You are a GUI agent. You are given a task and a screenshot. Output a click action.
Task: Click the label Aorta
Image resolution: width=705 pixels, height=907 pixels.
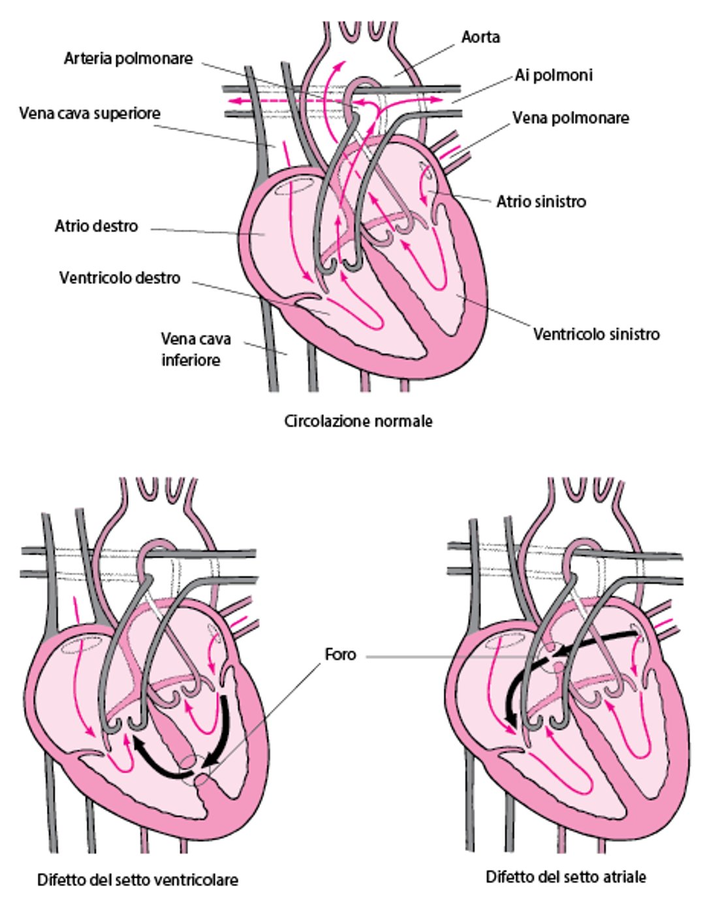[480, 37]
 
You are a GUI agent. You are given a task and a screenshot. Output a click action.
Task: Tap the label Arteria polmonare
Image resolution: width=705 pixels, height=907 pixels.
[128, 59]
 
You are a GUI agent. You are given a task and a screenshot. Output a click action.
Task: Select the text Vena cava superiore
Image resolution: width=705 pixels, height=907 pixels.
[89, 114]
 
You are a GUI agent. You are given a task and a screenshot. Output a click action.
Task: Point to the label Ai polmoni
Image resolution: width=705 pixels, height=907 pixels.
[554, 76]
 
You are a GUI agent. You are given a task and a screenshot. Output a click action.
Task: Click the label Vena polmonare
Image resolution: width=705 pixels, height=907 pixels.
[571, 118]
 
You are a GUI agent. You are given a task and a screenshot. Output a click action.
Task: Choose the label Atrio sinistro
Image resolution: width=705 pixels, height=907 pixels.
[540, 202]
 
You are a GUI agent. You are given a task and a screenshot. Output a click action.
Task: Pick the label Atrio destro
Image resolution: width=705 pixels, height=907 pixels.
[96, 226]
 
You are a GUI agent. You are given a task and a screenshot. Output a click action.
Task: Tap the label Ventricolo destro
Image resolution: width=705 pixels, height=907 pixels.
[119, 278]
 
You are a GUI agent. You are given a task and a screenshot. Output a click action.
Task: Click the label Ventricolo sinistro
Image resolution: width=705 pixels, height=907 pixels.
[596, 334]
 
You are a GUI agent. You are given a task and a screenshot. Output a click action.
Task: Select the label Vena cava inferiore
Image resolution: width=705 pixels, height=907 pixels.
[195, 349]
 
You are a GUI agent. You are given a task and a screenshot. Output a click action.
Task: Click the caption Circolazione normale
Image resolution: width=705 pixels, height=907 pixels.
[358, 422]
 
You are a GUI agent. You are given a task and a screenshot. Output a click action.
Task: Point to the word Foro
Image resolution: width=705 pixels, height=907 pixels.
[340, 654]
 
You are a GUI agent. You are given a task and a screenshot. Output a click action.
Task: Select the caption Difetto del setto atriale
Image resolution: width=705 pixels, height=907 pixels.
[565, 877]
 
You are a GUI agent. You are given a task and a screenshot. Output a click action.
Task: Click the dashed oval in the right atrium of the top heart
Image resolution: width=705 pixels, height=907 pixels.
[289, 187]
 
